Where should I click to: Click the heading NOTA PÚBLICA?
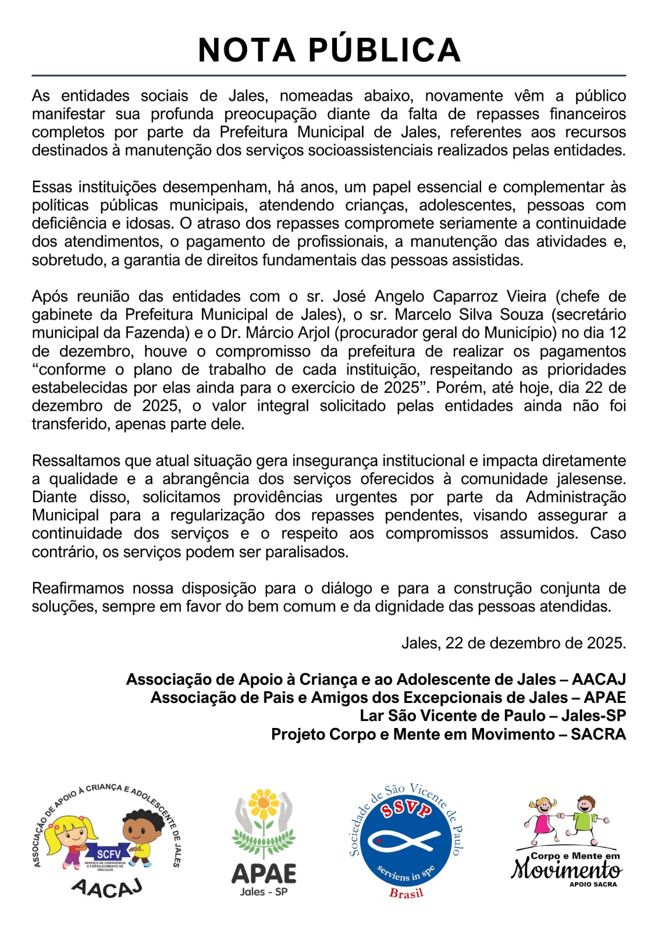[x=329, y=50]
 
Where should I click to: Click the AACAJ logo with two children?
[x=106, y=840]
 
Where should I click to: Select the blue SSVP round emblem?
[x=406, y=838]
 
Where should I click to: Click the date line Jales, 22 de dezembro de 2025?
[x=513, y=643]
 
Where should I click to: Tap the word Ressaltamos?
[x=72, y=461]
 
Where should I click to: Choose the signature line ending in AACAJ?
[x=376, y=679]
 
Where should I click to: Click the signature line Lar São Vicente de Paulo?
[x=492, y=716]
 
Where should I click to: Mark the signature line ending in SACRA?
[x=449, y=734]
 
